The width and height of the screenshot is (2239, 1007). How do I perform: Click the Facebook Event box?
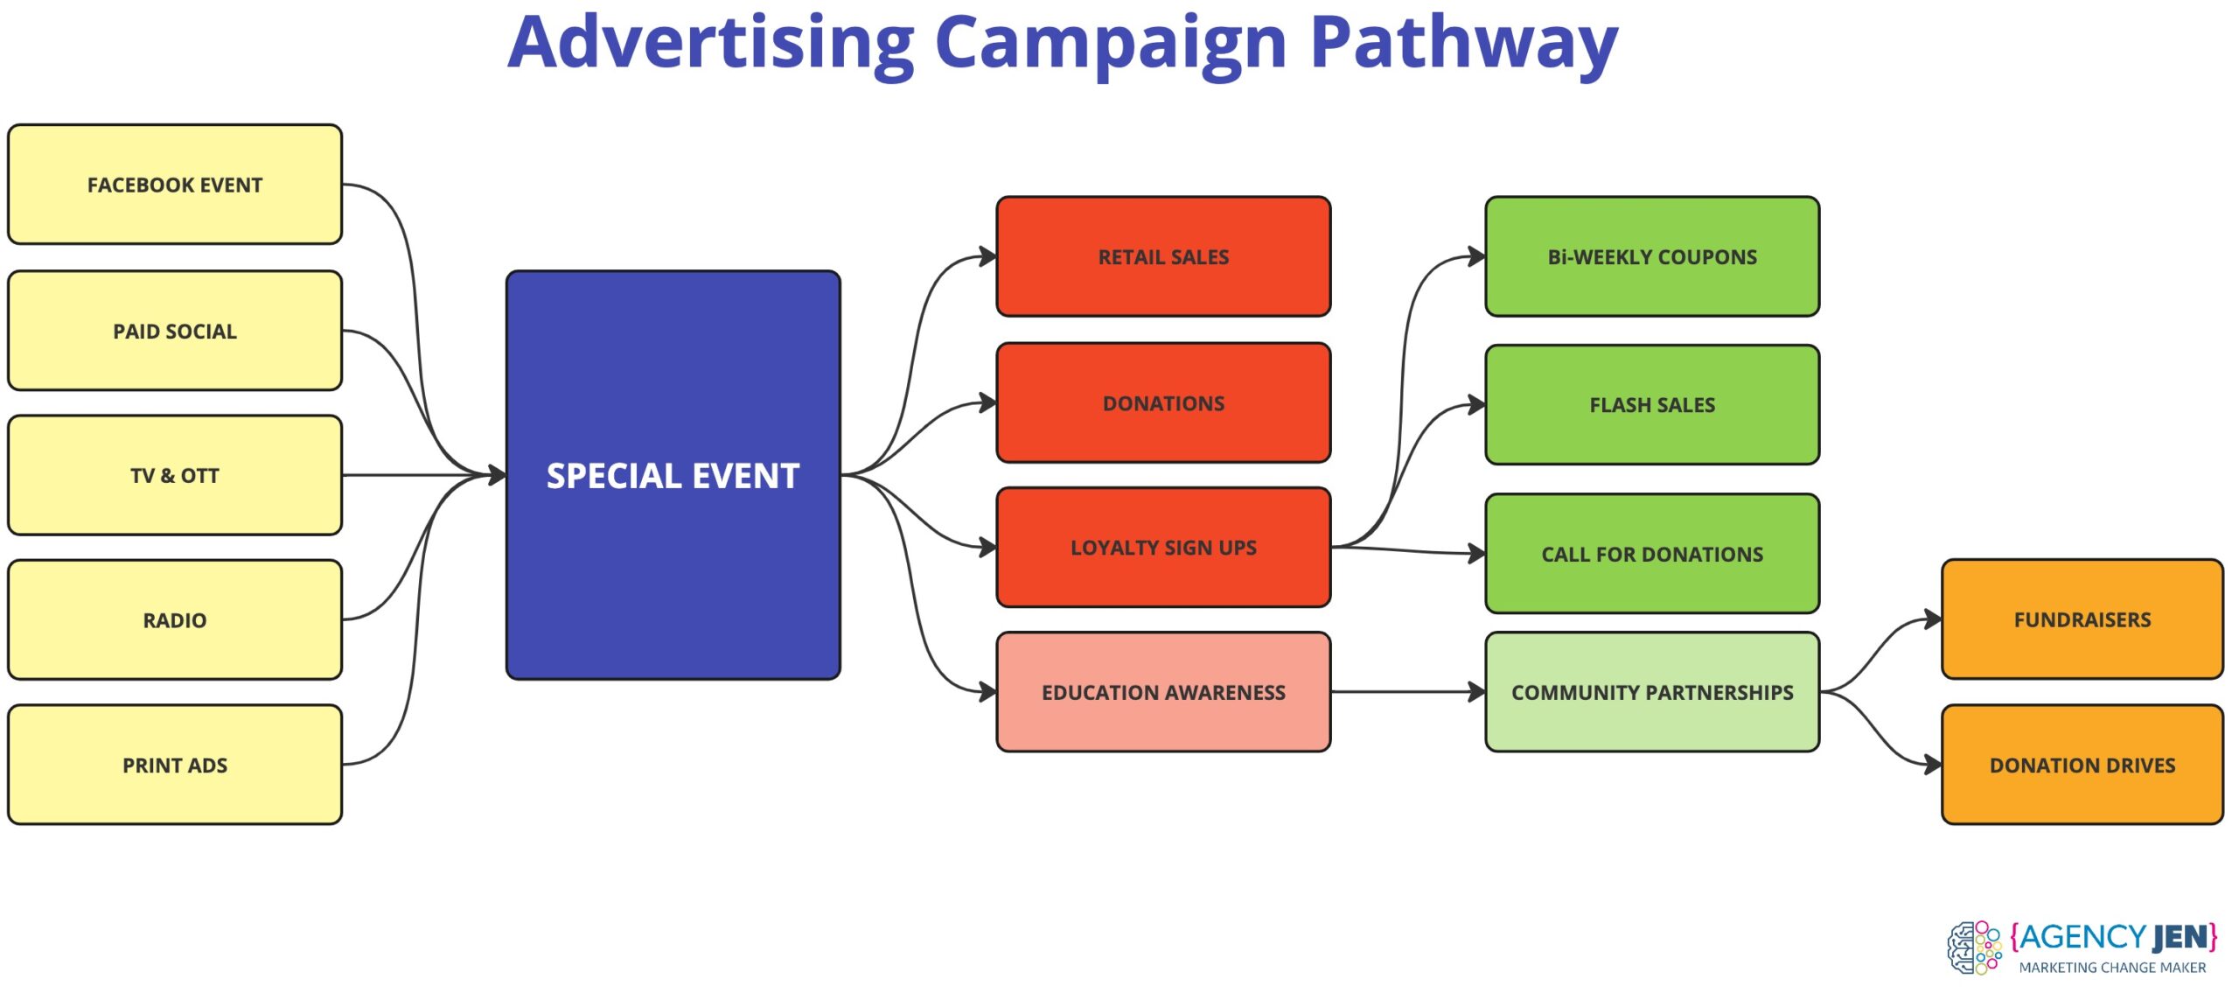click(x=175, y=185)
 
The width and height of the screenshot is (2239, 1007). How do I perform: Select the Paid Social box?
click(x=175, y=331)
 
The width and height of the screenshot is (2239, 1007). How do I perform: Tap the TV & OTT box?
click(x=175, y=475)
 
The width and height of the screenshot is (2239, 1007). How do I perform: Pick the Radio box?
click(x=175, y=620)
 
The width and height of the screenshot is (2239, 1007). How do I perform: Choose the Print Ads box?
click(x=175, y=765)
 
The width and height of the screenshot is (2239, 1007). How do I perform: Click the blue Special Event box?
click(x=673, y=475)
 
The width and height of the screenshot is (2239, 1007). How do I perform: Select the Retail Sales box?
click(x=1163, y=256)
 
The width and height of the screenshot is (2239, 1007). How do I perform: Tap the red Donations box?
click(x=1163, y=402)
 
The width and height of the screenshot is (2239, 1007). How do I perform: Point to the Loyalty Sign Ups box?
click(x=1163, y=548)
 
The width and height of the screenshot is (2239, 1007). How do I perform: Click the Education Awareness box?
click(x=1163, y=692)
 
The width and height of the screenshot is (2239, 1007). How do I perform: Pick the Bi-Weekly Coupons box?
click(x=1652, y=256)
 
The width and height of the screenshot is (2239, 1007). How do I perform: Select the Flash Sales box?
click(x=1652, y=404)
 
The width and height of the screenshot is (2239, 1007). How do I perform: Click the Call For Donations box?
click(x=1652, y=554)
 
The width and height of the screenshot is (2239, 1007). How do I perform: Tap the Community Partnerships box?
click(x=1652, y=692)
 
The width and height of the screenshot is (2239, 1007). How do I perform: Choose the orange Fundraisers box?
click(x=2082, y=619)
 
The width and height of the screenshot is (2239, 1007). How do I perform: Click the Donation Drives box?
click(x=2082, y=765)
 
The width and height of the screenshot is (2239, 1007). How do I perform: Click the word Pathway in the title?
click(x=1464, y=44)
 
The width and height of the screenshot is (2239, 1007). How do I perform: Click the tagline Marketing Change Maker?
click(x=2112, y=968)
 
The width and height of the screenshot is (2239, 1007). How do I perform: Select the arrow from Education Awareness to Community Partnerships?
click(x=1408, y=692)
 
